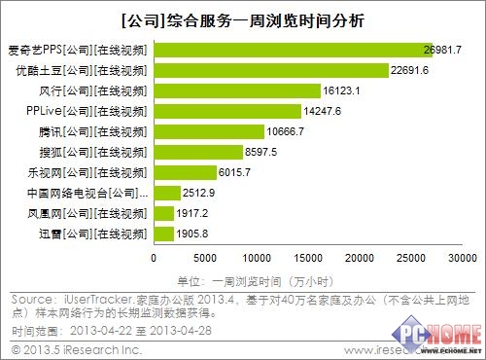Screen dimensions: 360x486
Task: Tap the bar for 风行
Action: coord(237,90)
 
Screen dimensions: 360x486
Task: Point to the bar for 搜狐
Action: coord(198,152)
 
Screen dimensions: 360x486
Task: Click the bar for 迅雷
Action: coord(164,234)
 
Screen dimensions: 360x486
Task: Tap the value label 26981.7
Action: coord(442,49)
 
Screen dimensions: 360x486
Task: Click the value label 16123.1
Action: coord(342,90)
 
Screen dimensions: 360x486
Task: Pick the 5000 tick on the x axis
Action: coord(206,258)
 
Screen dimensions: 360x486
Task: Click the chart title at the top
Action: coord(243,17)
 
